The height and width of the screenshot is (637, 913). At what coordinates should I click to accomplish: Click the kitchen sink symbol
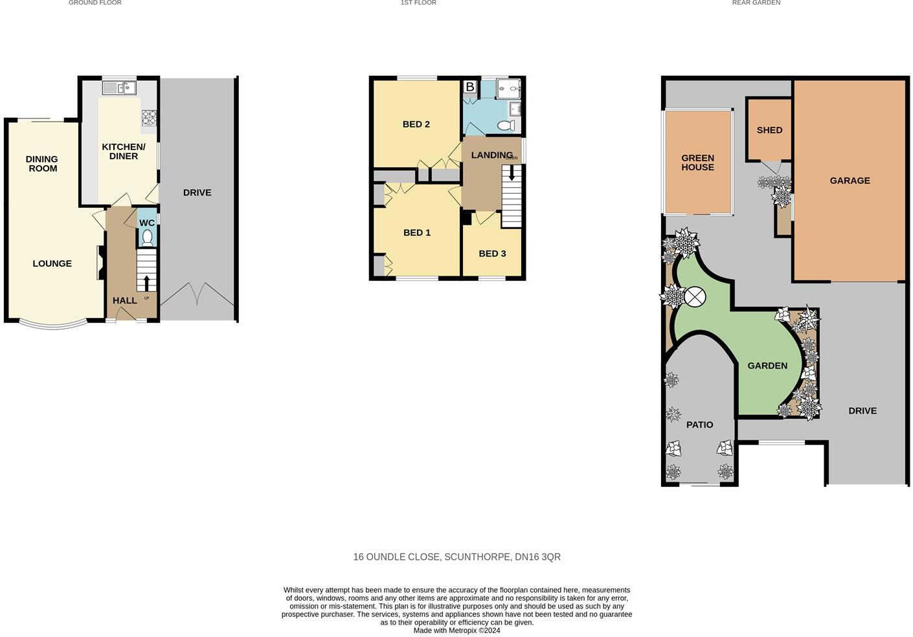coord(119,87)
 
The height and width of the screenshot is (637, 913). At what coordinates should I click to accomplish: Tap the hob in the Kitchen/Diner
coord(149,117)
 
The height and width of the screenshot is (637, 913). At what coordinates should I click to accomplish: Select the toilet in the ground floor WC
coord(147,238)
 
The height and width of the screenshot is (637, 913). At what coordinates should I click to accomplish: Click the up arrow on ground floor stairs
coord(146,283)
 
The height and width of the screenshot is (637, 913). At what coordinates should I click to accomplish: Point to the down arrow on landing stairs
coord(512,173)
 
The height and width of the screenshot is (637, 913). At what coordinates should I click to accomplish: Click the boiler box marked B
coord(470,87)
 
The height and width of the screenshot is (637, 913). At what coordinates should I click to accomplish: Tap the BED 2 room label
coord(416,124)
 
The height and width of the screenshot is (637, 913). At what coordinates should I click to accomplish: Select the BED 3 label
coord(492,254)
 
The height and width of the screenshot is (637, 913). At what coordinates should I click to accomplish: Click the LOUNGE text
coord(52,263)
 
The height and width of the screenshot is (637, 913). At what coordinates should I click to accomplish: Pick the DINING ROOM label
coord(42,164)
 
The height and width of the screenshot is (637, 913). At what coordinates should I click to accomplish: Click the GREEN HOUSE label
coord(697,162)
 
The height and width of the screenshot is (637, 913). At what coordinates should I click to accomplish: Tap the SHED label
coord(769,130)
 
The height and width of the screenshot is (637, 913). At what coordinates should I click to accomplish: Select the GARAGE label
coord(850,181)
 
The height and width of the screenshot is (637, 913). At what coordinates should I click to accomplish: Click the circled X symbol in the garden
coord(695,298)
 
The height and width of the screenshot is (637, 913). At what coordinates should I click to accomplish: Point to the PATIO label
coord(699,425)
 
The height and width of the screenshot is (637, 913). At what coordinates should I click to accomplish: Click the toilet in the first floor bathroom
coord(506,125)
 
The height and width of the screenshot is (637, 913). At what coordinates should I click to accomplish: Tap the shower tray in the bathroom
coord(508,88)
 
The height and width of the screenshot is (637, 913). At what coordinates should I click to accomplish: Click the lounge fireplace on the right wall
coord(102,263)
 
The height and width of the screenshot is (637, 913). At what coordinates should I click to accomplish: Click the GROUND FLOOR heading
coord(95,3)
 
